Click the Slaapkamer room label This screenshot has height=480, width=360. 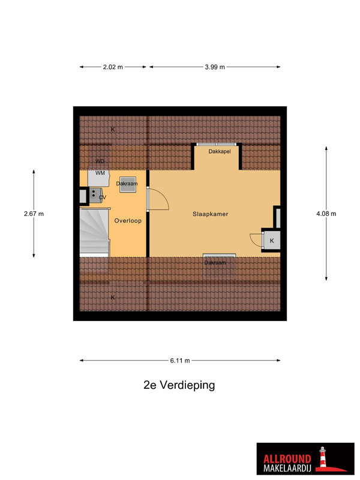(x=211, y=214)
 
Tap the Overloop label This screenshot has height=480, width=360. (x=128, y=221)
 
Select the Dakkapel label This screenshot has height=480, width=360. (x=220, y=152)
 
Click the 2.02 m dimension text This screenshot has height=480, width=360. (x=113, y=67)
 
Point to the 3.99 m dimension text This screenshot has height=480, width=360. (x=215, y=67)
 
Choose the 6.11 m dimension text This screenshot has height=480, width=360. (x=180, y=361)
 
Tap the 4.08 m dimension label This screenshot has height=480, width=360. (x=326, y=214)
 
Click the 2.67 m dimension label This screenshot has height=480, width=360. (x=34, y=214)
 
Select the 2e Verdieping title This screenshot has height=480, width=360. (x=179, y=385)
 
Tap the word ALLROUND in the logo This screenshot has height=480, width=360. (x=287, y=459)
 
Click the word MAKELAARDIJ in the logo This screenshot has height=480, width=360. (x=287, y=468)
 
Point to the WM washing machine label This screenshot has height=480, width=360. (x=100, y=173)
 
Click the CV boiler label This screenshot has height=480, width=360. (x=103, y=197)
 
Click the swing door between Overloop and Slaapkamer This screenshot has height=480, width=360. (x=157, y=199)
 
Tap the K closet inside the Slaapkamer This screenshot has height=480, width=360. (x=272, y=241)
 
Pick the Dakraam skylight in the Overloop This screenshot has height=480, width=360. (x=128, y=185)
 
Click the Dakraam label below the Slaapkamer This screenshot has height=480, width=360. (x=215, y=263)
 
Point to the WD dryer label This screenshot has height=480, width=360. (x=100, y=161)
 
